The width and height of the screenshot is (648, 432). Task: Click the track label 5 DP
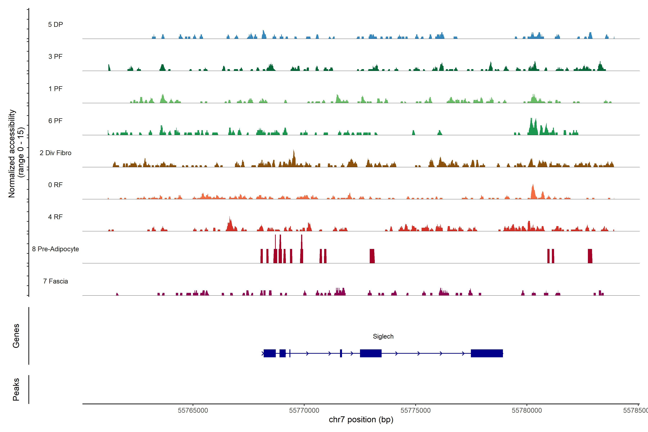click(55, 24)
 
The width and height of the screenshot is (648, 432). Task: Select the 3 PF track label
click(55, 57)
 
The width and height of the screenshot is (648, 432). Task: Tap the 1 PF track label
click(55, 89)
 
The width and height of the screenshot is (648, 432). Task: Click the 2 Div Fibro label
click(55, 153)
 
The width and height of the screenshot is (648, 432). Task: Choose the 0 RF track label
click(55, 185)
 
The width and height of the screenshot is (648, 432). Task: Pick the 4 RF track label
click(55, 217)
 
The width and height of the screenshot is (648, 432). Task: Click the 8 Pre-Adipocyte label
click(55, 249)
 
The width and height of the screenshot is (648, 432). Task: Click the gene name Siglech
click(383, 336)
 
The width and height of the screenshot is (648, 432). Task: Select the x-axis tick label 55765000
click(193, 411)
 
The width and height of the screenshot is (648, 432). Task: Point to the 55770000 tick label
click(304, 411)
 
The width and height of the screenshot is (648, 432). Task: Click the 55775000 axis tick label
click(415, 411)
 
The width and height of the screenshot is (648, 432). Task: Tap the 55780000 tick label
click(527, 411)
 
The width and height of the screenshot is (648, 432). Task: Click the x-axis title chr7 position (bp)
click(361, 420)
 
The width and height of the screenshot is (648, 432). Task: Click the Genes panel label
click(16, 336)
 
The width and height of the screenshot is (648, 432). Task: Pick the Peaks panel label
click(16, 389)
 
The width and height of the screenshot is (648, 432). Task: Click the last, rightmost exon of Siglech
click(487, 353)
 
